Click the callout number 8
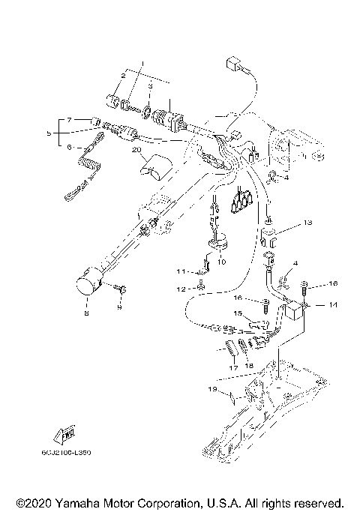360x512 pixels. click(85, 313)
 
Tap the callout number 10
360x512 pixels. click(220, 262)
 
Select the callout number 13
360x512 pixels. click(307, 223)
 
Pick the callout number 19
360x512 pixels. click(212, 389)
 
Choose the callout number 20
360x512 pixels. click(136, 151)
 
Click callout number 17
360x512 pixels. click(232, 367)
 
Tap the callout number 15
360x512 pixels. click(236, 313)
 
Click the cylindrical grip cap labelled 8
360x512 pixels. click(89, 286)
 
